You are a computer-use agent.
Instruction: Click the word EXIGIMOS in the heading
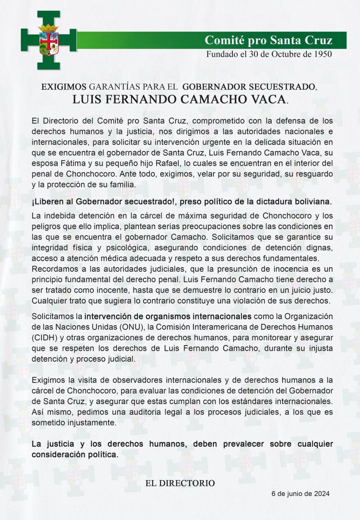pyautogui.click(x=64, y=87)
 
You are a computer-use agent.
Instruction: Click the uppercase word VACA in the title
pyautogui.click(x=269, y=99)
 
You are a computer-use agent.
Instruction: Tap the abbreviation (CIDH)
pyautogui.click(x=44, y=337)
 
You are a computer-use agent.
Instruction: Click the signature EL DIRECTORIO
pyautogui.click(x=180, y=483)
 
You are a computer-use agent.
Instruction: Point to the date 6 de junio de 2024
pyautogui.click(x=300, y=494)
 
